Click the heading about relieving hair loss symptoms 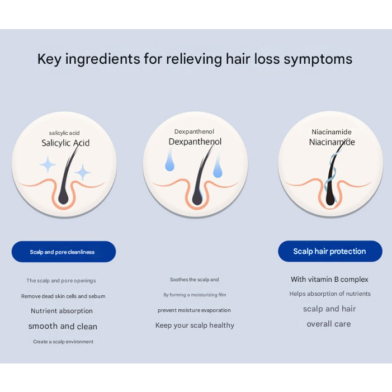[195, 59]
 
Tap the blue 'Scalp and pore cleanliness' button [63, 252]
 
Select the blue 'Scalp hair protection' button [329, 252]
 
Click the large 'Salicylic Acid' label [65, 143]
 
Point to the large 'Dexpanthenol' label [195, 142]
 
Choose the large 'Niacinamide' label [332, 143]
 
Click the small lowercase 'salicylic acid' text [64, 133]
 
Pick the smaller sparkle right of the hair [83, 172]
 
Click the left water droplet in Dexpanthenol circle [169, 163]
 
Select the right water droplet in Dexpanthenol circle [218, 170]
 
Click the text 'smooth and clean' [63, 327]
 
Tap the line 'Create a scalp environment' [63, 342]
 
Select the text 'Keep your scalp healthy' [195, 325]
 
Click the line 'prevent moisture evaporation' [194, 310]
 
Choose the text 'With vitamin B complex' [329, 280]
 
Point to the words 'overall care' [329, 324]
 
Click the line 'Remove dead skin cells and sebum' [63, 296]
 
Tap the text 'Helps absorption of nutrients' [330, 294]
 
